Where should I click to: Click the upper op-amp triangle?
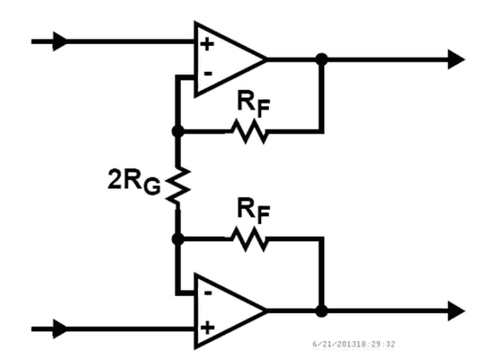click(225, 59)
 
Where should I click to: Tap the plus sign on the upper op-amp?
click(207, 45)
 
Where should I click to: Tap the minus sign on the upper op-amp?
click(207, 73)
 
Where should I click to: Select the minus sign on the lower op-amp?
click(207, 293)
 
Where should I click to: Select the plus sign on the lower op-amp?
click(207, 327)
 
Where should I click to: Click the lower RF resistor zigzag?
click(248, 240)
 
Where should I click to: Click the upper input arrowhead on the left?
click(61, 42)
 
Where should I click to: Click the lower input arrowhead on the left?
click(61, 328)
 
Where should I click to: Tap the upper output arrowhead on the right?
click(456, 59)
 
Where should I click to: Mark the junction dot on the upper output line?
click(321, 59)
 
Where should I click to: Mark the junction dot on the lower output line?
click(321, 311)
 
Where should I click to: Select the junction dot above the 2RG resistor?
click(177, 131)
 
